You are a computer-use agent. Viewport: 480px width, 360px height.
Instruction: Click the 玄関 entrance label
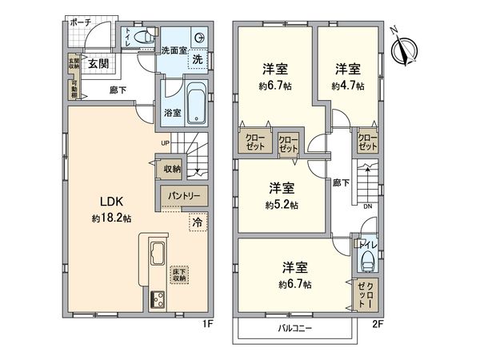(98, 63)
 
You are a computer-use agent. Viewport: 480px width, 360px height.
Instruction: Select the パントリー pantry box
(184, 195)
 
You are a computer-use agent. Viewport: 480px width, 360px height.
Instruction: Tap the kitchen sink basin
(154, 254)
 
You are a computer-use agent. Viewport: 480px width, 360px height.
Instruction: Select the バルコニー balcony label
(294, 329)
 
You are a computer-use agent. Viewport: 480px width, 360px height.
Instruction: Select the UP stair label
(166, 143)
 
